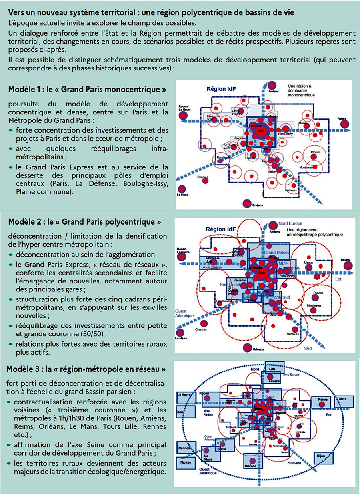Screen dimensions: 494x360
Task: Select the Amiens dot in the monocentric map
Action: tap(272, 85)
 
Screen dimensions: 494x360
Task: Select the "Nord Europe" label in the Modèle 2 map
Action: tap(290, 223)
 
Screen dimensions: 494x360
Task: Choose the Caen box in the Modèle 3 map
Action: tap(179, 412)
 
